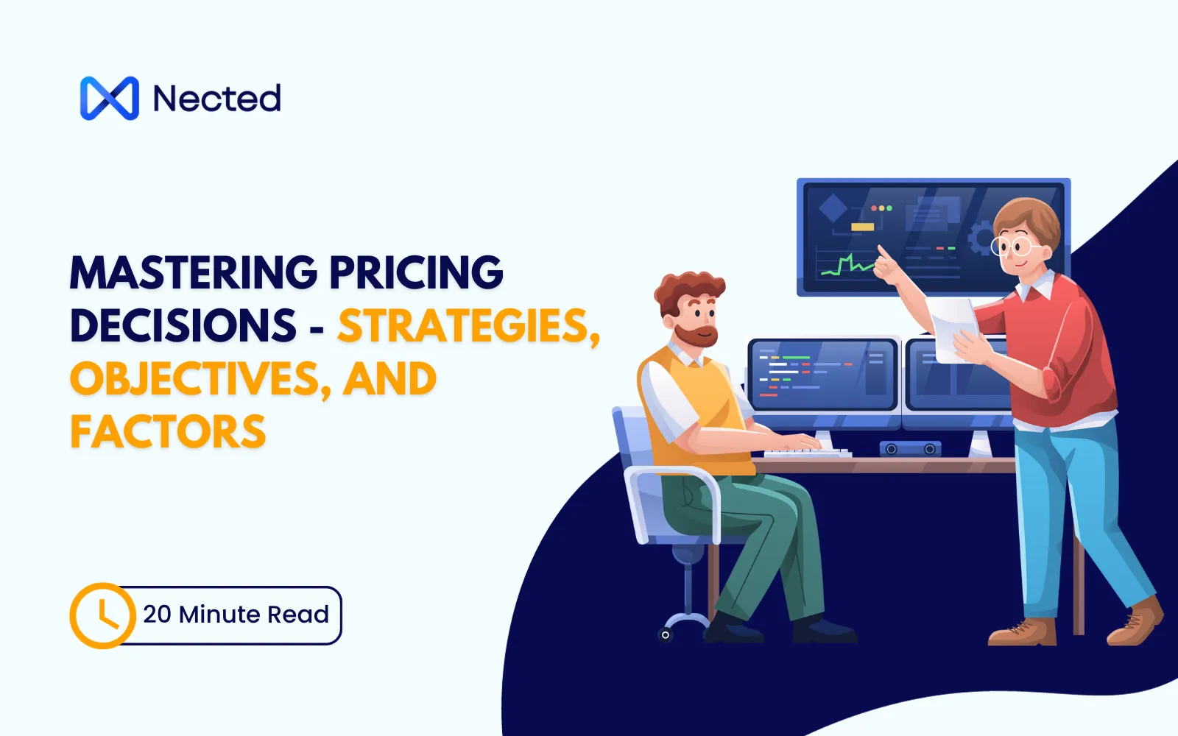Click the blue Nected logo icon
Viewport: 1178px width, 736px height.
(x=109, y=98)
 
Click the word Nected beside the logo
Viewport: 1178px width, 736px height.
(x=216, y=99)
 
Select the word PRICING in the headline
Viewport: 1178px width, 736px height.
(x=416, y=273)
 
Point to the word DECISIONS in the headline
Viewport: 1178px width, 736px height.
(x=183, y=326)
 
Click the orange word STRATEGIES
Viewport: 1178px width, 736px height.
(x=468, y=326)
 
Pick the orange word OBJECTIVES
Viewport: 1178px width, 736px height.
(x=194, y=379)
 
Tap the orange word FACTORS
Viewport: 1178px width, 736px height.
(x=168, y=432)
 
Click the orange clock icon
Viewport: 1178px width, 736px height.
(x=102, y=615)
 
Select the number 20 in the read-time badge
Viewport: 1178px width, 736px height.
(x=157, y=614)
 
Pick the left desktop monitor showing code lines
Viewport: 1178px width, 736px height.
(x=822, y=375)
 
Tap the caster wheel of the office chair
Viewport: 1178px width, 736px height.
(x=666, y=634)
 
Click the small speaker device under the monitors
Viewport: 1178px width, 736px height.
(x=910, y=448)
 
